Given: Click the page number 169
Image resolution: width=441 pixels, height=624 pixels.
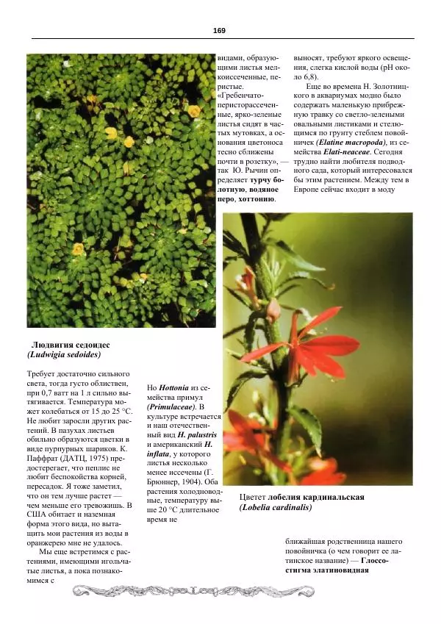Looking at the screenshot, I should (x=219, y=30).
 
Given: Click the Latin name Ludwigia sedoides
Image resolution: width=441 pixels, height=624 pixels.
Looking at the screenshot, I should (x=63, y=354).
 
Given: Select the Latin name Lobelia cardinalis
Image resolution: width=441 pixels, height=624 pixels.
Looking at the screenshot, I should (x=276, y=507).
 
